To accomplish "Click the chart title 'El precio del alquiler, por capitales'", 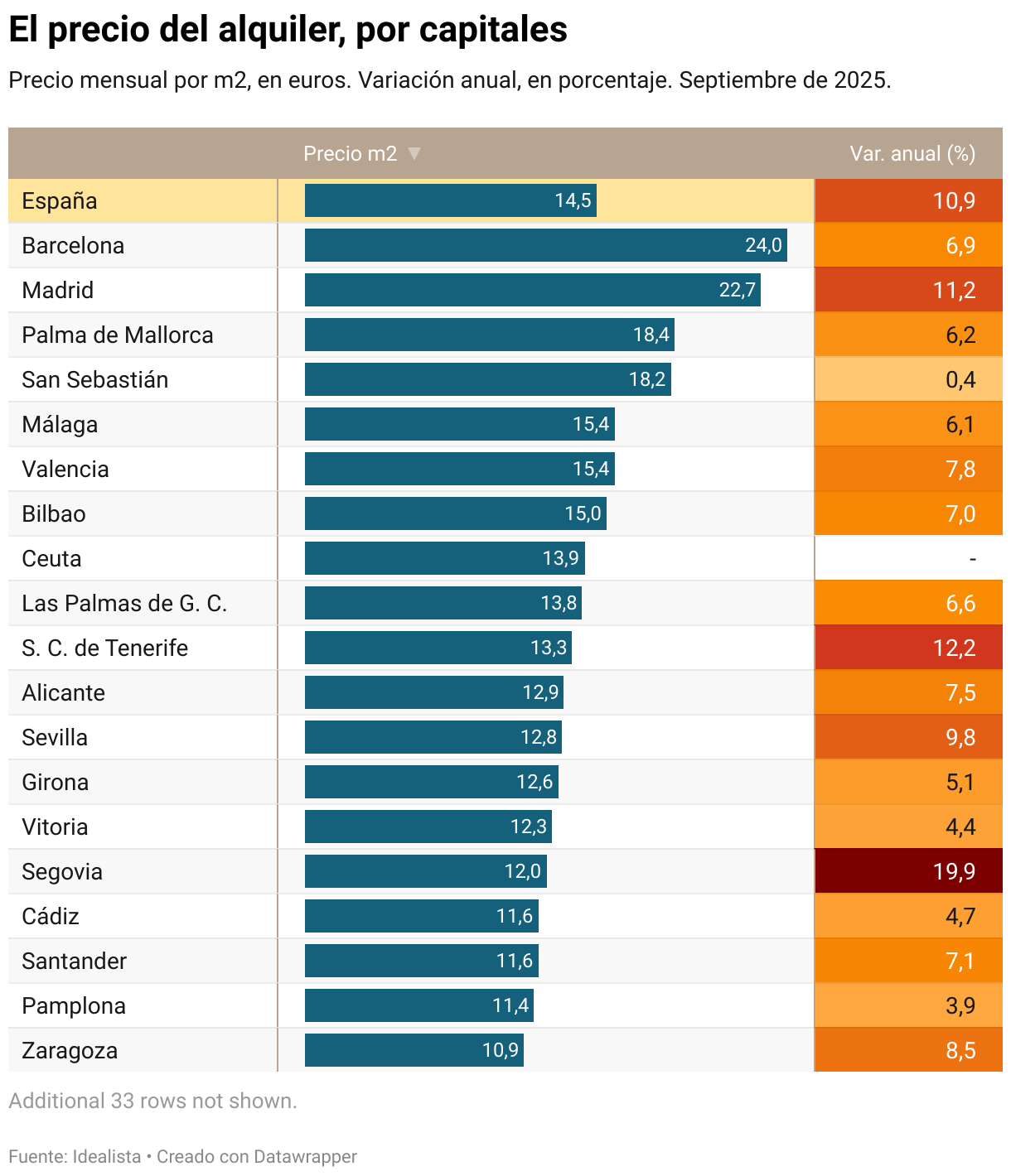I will (x=288, y=30).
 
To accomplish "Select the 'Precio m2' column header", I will (x=350, y=154).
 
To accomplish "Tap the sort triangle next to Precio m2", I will (x=415, y=153).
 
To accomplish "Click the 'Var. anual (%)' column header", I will (x=912, y=154).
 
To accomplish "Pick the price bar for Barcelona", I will (x=545, y=245).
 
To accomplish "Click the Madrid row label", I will (x=58, y=291).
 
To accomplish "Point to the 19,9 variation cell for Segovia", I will (x=909, y=871).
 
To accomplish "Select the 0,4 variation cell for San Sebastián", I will (x=909, y=379).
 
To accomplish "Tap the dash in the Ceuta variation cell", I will (x=972, y=559).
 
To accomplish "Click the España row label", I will (x=60, y=201).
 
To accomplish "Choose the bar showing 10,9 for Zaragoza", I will (x=414, y=1050).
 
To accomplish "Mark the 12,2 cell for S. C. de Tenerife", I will (x=909, y=648).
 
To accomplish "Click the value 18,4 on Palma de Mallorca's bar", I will (x=651, y=335).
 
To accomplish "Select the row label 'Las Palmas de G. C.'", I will (x=124, y=604).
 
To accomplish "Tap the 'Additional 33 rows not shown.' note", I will (x=152, y=1101).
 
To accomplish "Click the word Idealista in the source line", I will (x=107, y=1157).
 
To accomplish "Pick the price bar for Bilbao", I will (x=455, y=513).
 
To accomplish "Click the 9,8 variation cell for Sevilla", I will (x=909, y=737).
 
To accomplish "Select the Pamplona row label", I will (x=74, y=1006).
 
